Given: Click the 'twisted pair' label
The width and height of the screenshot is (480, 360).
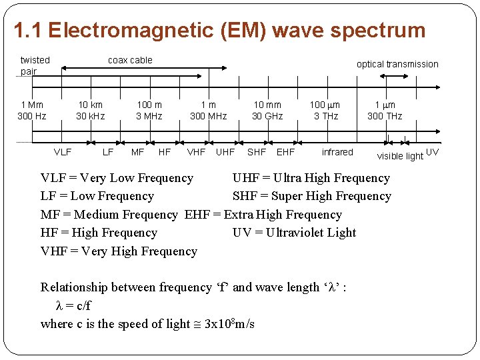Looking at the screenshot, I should (x=35, y=65).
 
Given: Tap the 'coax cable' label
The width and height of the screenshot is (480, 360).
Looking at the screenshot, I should (x=130, y=60).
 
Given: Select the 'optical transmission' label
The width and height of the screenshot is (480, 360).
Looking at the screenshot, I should (x=397, y=64).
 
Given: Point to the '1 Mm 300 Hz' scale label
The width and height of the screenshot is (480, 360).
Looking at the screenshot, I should (x=31, y=110).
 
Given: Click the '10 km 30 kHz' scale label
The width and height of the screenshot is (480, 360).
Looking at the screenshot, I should (x=90, y=110).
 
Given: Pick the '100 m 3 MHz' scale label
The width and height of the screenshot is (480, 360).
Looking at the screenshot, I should (x=149, y=110).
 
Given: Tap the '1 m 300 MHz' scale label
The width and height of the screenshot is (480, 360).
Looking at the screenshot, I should (x=208, y=110).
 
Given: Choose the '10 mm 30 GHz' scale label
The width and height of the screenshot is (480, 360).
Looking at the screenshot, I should (x=267, y=110).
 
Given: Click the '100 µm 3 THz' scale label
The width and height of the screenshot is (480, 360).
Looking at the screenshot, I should (x=326, y=110).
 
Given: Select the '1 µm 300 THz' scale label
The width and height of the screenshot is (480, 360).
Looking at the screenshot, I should (x=385, y=110).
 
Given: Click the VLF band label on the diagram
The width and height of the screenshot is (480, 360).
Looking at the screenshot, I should (x=63, y=152).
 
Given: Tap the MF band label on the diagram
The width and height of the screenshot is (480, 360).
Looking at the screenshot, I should (x=137, y=152).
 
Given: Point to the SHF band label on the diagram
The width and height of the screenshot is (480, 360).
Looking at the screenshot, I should (x=256, y=152).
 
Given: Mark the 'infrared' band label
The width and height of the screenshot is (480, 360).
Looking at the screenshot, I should (x=337, y=152).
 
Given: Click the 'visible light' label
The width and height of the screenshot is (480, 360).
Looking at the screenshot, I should (x=400, y=156).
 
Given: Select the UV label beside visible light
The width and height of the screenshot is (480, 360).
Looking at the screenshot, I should (x=432, y=152).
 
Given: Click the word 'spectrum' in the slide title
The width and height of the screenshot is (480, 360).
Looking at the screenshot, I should (x=381, y=31).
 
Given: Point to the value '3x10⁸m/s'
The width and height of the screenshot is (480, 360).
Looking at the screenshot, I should (x=229, y=324).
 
